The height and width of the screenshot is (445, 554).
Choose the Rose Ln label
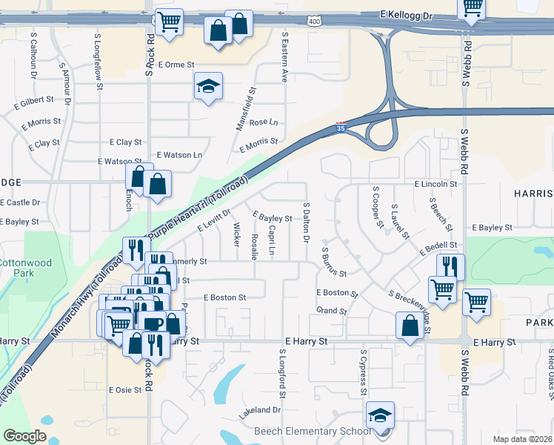tap(264, 122)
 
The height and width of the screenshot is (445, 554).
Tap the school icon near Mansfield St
tap(208, 87)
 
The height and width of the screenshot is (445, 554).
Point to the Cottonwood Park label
tap(17, 268)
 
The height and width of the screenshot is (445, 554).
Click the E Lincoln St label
tap(436, 183)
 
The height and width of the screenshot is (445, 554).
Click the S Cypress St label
tap(363, 372)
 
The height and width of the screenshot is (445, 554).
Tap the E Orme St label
tap(176, 65)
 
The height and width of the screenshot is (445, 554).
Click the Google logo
tap(24, 436)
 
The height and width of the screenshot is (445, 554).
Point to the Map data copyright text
tap(523, 439)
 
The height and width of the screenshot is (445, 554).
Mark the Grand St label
tap(331, 311)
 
